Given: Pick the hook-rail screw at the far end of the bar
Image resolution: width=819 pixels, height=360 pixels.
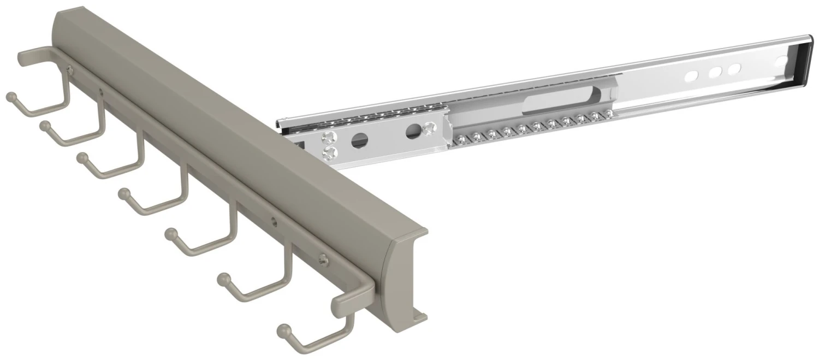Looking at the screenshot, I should (69, 68).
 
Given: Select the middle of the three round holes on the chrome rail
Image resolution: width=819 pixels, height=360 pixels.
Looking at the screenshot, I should (714, 72).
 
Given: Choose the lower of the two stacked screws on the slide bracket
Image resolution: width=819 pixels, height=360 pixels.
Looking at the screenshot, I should (329, 153).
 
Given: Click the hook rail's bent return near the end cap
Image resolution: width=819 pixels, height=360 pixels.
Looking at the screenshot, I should (349, 298).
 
